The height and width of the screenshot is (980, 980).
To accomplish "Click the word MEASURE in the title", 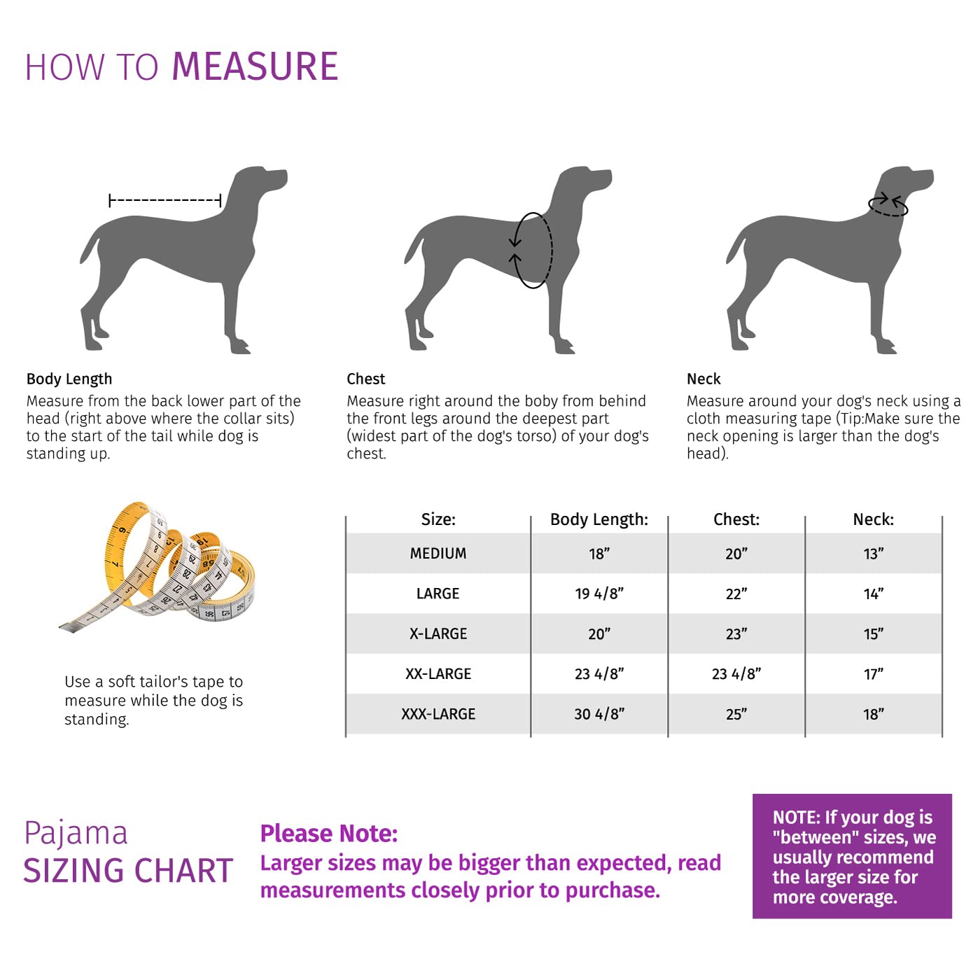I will coord(255,67).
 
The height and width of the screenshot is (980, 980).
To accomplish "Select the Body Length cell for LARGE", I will coord(599,594).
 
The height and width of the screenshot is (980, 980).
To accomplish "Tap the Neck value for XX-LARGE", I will coord(873,674).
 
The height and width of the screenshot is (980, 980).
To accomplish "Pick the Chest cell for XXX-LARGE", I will coord(736,714).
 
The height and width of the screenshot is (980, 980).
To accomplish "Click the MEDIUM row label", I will coord(438,554).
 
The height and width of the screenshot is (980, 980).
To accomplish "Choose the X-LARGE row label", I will coord(438,633).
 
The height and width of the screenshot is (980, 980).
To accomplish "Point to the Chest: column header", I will coord(736,519).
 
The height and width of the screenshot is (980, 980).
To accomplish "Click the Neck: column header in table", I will coord(873,519).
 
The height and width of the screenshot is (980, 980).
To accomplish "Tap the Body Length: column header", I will coord(599,519).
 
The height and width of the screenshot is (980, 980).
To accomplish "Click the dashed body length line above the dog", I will coord(165,201).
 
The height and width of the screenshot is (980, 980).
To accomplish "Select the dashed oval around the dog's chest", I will coord(533,250).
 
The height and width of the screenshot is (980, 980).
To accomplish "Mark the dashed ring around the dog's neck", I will coord(888,205).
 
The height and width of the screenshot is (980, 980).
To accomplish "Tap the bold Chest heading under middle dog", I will coord(366,379).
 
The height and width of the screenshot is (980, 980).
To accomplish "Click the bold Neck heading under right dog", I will coord(703,379).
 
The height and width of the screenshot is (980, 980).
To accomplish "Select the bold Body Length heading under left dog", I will coord(69,379).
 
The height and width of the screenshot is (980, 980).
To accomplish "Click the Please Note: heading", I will coord(329,834).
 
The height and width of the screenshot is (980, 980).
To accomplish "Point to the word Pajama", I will coord(76,833).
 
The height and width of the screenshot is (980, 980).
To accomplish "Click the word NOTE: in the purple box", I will coord(796,818).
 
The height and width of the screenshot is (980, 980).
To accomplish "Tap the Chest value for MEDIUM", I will coord(736,554).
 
